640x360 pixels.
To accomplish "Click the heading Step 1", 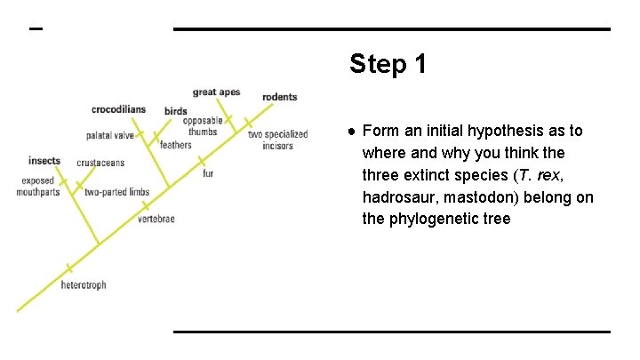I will pyautogui.click(x=388, y=64).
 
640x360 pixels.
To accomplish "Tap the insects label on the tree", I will pyautogui.click(x=44, y=161).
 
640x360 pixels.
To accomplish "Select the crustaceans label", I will pyautogui.click(x=100, y=164).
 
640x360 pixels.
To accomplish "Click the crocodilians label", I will pyautogui.click(x=118, y=109).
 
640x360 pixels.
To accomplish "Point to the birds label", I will pyautogui.click(x=175, y=111).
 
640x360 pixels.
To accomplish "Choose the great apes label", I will pyautogui.click(x=217, y=92).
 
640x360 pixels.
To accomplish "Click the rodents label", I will pyautogui.click(x=279, y=97).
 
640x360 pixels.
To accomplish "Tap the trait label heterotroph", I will pyautogui.click(x=84, y=285).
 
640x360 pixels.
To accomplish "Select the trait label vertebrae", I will pyautogui.click(x=156, y=219).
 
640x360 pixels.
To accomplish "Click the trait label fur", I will pyautogui.click(x=208, y=173).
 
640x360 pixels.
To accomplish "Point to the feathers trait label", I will pyautogui.click(x=175, y=145).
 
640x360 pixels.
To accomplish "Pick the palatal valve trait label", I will pyautogui.click(x=110, y=136).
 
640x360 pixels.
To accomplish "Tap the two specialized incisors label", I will pyautogui.click(x=277, y=140).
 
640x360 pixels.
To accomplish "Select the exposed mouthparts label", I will pyautogui.click(x=39, y=186).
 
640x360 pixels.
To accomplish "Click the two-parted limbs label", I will pyautogui.click(x=116, y=192).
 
